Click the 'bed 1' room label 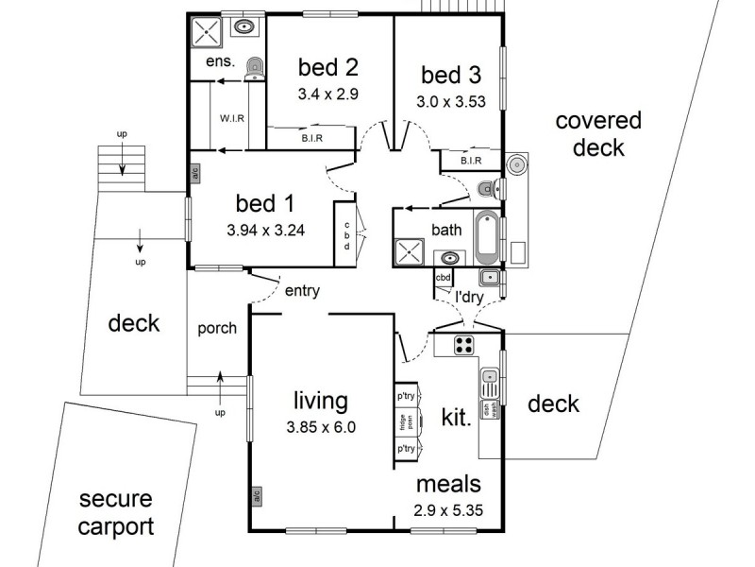tap(264, 203)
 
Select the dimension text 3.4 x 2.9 tap(329, 94)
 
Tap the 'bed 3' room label tap(450, 75)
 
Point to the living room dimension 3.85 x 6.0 tap(321, 426)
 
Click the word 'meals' tap(449, 485)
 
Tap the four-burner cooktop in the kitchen tap(463, 345)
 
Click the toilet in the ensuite tap(254, 67)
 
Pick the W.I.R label tap(233, 119)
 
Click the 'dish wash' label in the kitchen tap(490, 408)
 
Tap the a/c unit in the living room tap(256, 494)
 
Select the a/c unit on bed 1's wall tap(194, 174)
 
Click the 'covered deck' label tap(597, 134)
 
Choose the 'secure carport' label tap(115, 512)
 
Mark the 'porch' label tap(216, 328)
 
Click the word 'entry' tap(302, 291)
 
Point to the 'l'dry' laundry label tap(469, 297)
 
